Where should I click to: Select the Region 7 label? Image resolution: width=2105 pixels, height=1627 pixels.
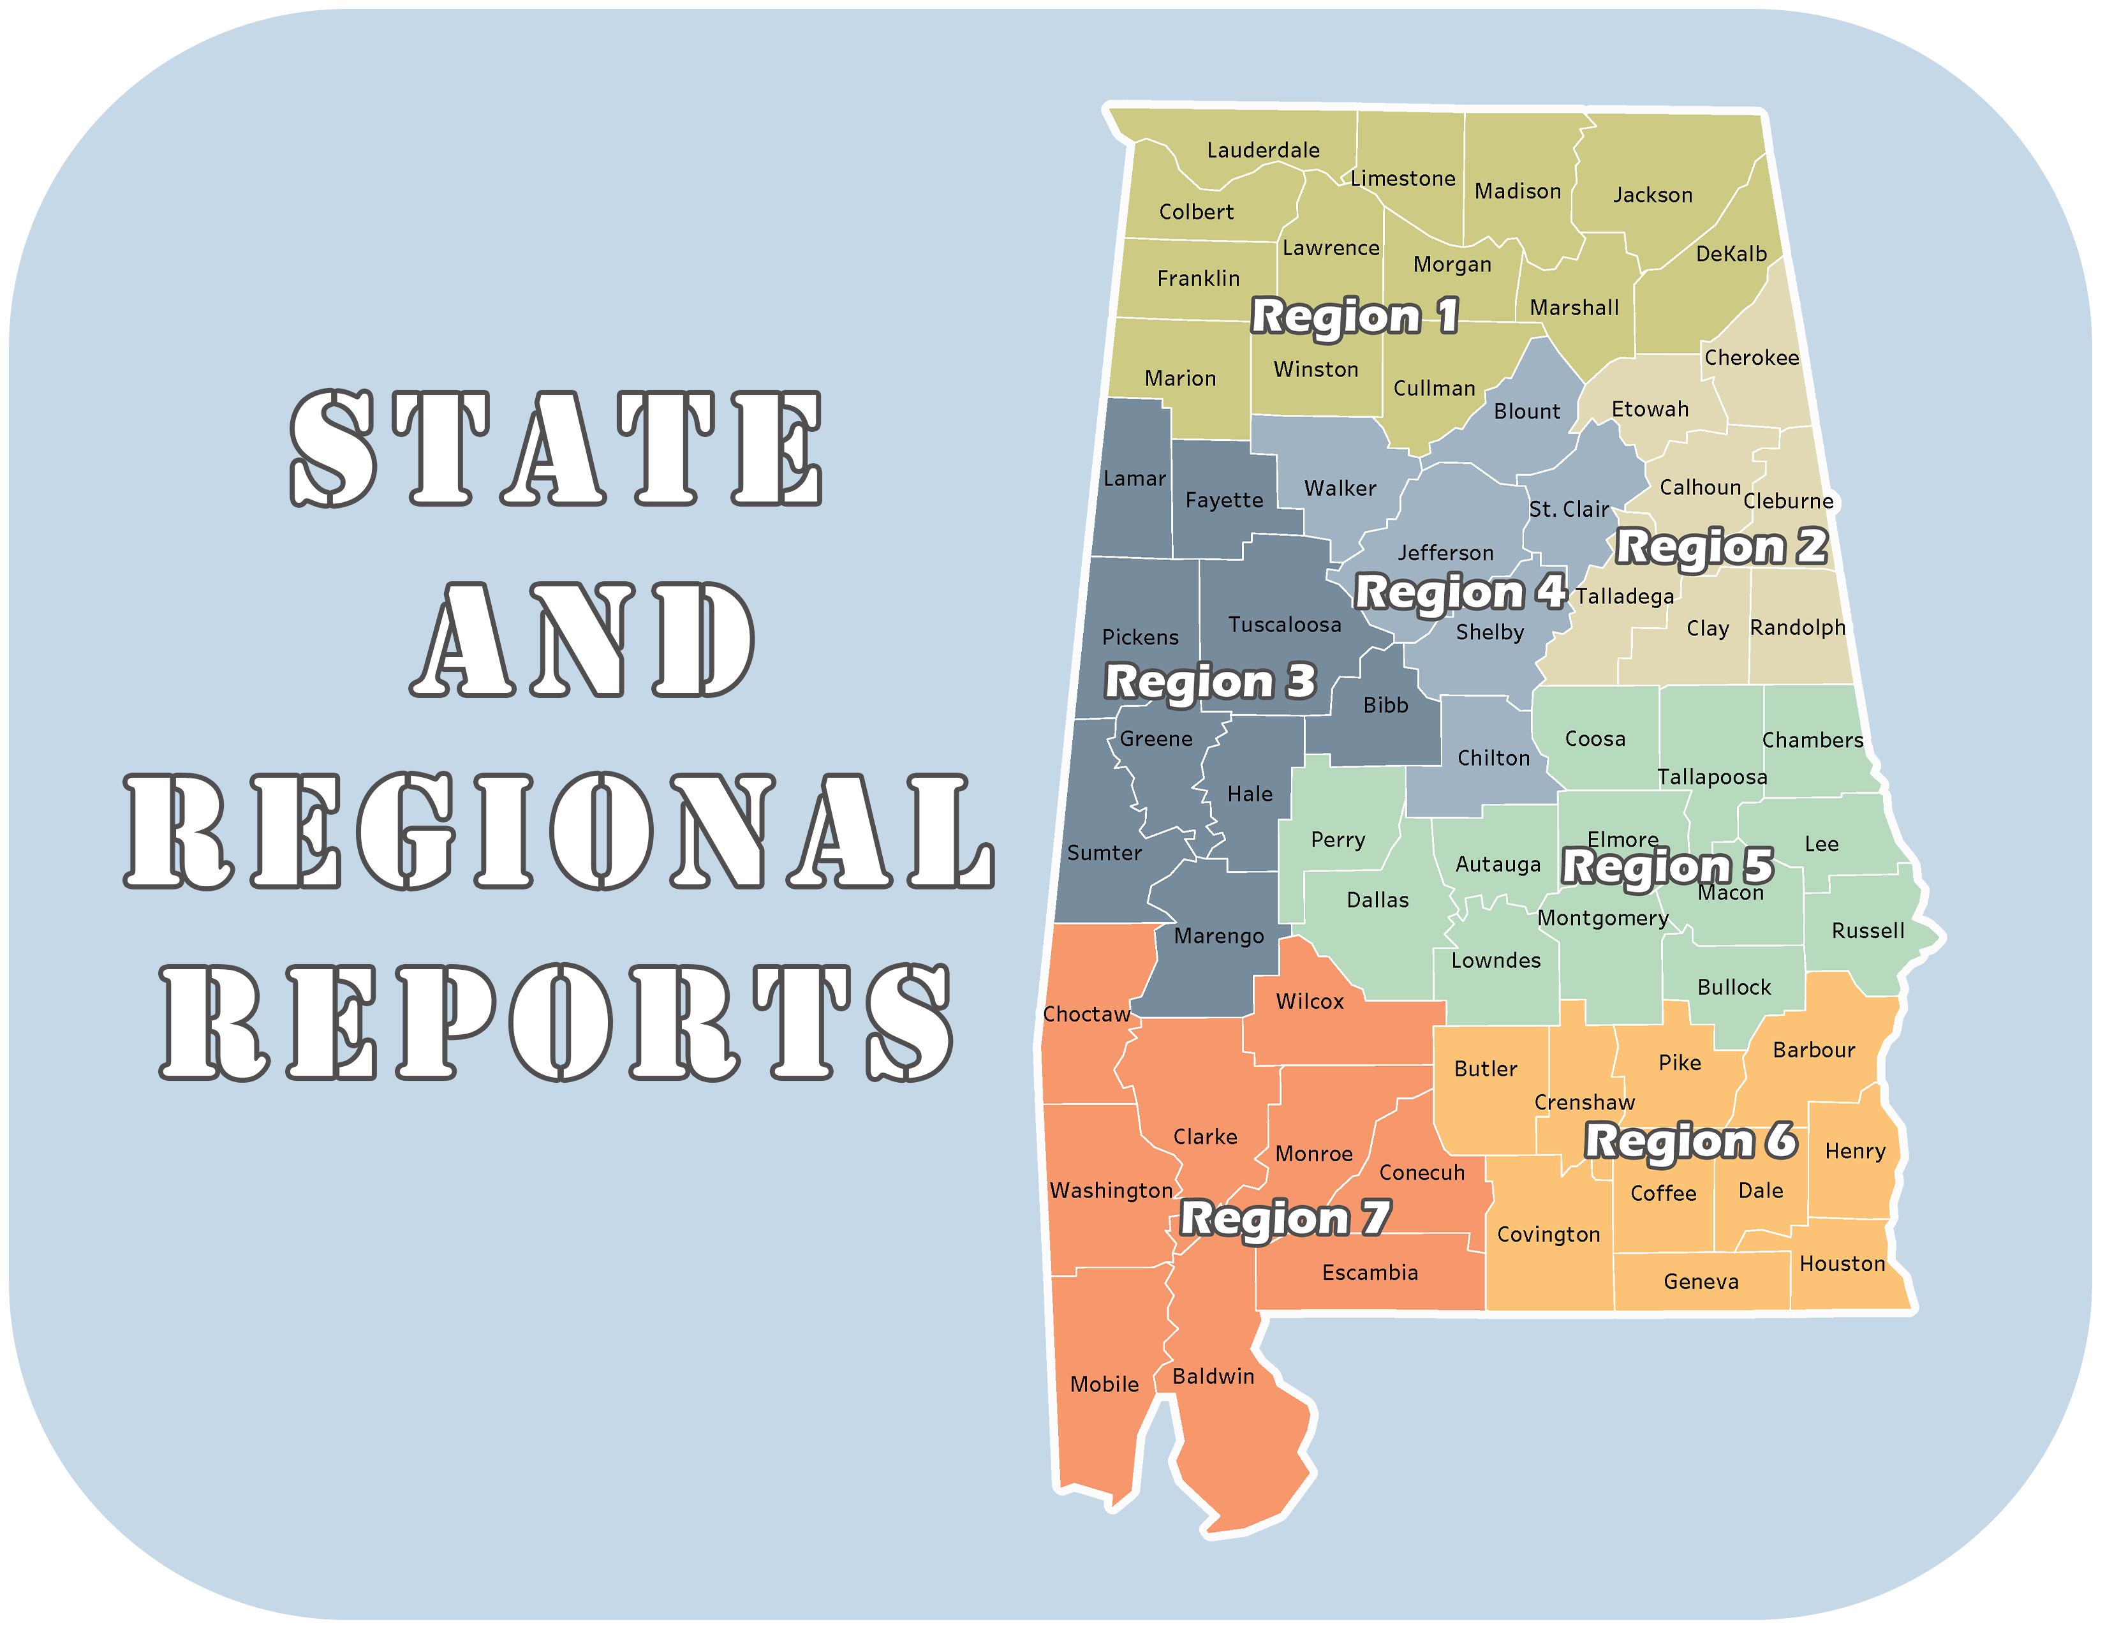[x=1285, y=1218]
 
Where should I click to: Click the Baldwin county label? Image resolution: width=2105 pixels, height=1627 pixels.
[x=1213, y=1376]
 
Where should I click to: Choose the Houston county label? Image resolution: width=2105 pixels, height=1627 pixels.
[x=1842, y=1263]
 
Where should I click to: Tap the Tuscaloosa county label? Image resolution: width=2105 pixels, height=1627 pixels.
[x=1284, y=625]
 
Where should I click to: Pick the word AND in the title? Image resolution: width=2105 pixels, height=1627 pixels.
[x=582, y=639]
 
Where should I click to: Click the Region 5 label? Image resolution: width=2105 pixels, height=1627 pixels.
[x=1667, y=866]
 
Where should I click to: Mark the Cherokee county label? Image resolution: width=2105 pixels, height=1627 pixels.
[x=1751, y=357]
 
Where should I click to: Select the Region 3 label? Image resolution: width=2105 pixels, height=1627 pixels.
[x=1209, y=681]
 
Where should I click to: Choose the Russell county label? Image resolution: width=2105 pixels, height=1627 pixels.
[x=1867, y=931]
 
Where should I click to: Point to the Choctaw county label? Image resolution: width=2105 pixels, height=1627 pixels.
[x=1086, y=1014]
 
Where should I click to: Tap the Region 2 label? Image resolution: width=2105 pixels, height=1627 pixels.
[x=1720, y=547]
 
